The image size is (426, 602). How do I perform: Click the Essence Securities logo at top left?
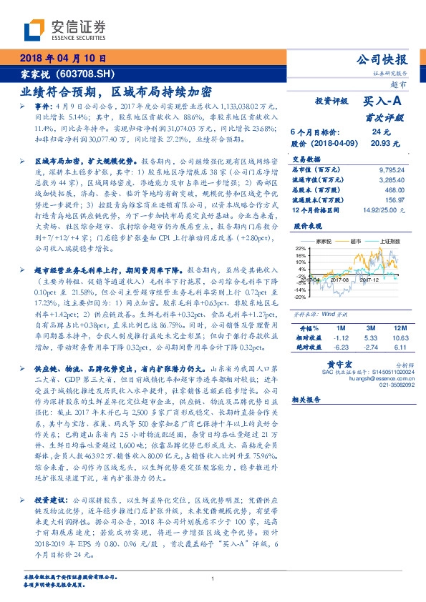point(65,30)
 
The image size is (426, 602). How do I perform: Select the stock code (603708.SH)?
point(84,74)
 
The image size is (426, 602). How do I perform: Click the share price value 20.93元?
point(381,143)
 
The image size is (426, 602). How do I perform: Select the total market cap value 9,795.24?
point(389,169)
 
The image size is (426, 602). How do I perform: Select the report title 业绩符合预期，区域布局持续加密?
point(115,92)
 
